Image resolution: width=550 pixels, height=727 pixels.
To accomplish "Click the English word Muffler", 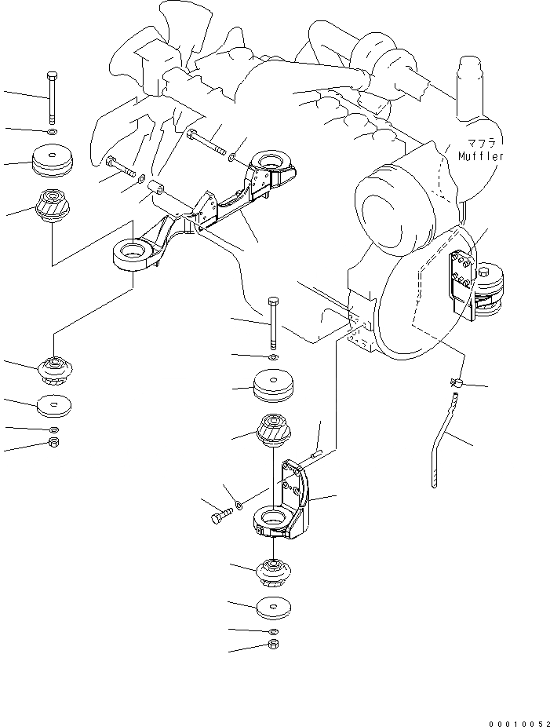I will [481, 156].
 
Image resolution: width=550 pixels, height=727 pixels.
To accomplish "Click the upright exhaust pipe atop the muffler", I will [469, 79].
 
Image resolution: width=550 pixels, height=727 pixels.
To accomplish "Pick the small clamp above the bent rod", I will [455, 383].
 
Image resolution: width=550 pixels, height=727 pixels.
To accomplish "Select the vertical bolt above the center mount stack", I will [272, 322].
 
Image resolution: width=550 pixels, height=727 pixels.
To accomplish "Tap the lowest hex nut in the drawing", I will [273, 645].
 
